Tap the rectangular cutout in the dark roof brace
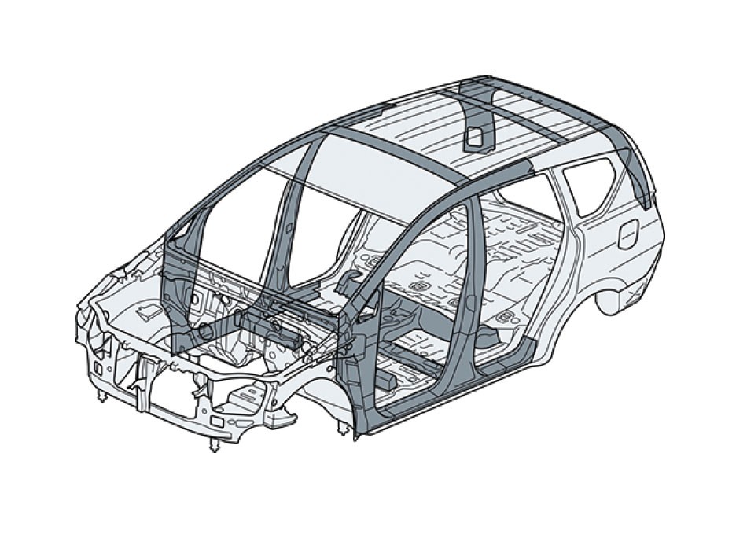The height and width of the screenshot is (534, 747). tap(475, 138)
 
